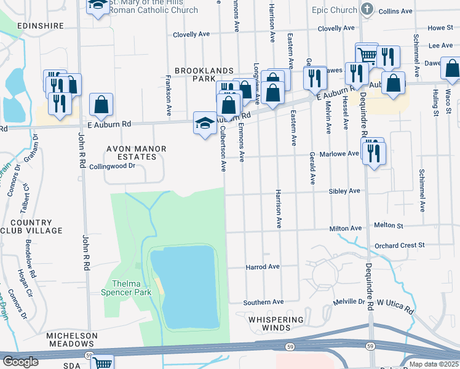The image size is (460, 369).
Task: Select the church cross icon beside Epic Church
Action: tap(368, 9)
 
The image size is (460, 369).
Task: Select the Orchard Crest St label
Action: tap(400, 245)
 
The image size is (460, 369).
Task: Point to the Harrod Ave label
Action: tap(263, 267)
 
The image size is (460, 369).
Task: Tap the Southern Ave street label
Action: tap(263, 302)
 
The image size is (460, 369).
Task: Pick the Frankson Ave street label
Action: tap(168, 95)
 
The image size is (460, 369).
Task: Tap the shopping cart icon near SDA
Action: tap(102, 363)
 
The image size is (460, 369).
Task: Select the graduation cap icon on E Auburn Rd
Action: tap(204, 123)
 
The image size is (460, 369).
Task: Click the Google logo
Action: tap(20, 362)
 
